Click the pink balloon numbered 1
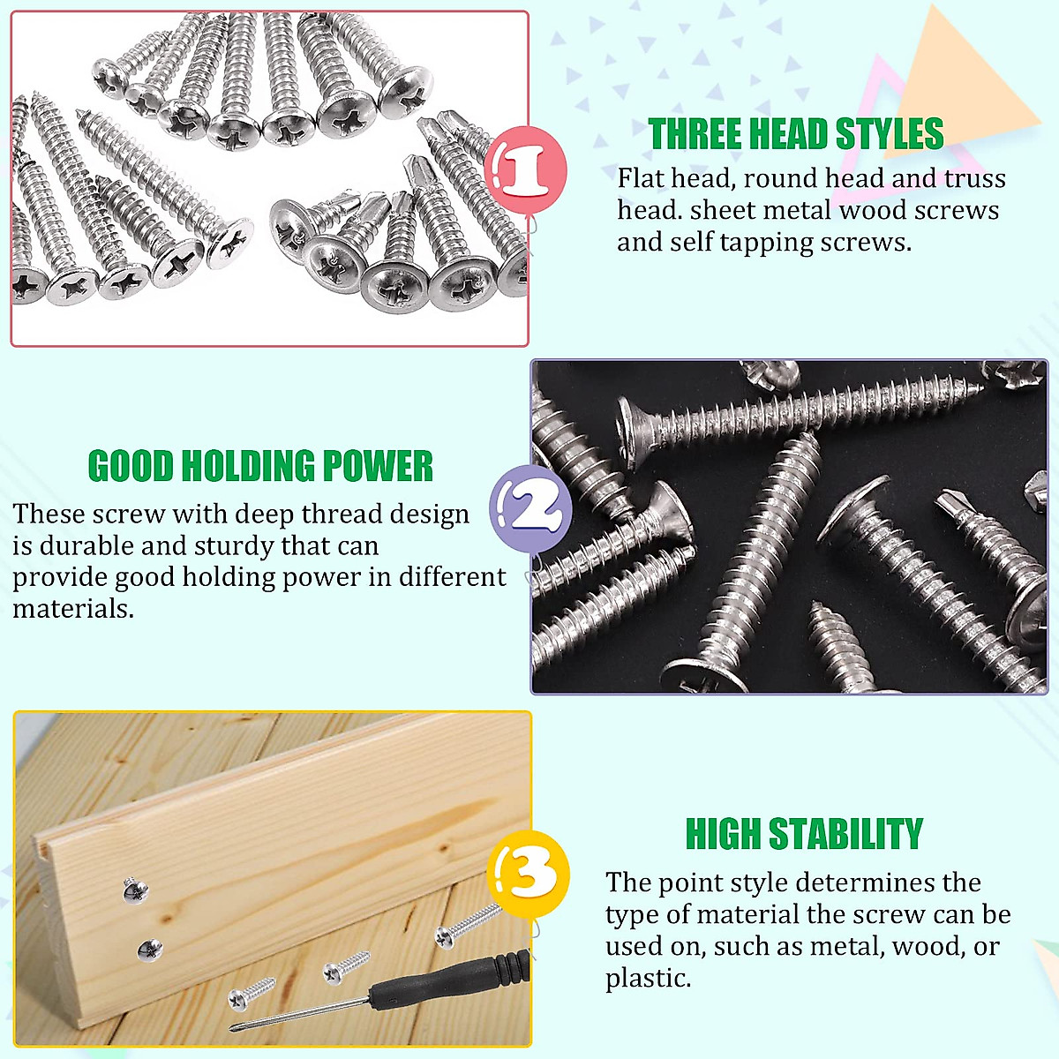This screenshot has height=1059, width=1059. pyautogui.click(x=525, y=169)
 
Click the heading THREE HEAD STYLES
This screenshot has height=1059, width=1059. pyautogui.click(x=795, y=134)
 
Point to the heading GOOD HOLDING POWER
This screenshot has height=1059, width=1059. pyautogui.click(x=260, y=466)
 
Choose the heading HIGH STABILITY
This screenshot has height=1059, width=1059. pyautogui.click(x=803, y=834)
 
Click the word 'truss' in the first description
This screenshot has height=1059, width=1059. pyautogui.click(x=974, y=178)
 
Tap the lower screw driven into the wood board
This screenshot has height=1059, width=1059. pyautogui.click(x=149, y=950)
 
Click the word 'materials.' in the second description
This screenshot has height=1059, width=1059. pyautogui.click(x=73, y=609)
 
